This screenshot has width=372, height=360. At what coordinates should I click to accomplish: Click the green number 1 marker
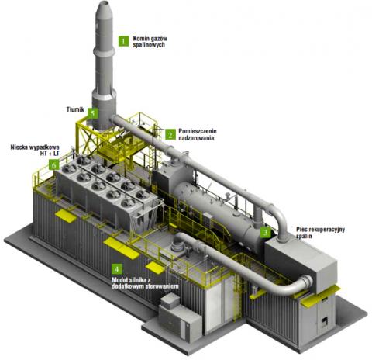point(123,41)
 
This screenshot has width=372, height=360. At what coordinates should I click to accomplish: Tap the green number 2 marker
point(170,134)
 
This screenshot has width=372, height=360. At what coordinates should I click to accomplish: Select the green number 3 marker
point(265,232)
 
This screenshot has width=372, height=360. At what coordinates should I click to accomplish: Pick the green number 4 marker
point(117,269)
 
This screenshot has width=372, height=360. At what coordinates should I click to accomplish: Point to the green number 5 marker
point(93,113)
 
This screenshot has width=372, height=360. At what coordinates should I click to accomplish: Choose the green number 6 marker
point(53,164)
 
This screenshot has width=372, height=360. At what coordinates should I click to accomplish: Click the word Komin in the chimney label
point(142,39)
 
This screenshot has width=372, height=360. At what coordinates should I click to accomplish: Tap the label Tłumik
point(75,109)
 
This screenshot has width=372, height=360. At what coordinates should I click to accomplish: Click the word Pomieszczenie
point(198,131)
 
